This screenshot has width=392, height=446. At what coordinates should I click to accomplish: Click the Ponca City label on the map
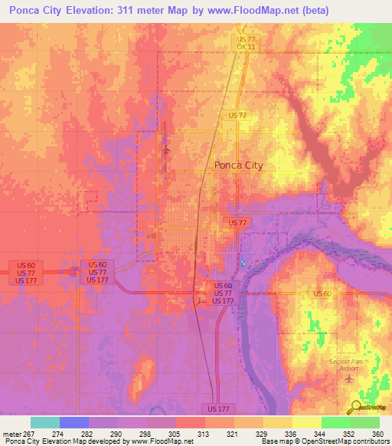pos(238,164)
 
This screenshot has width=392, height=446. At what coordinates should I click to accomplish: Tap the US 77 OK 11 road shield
pos(246,43)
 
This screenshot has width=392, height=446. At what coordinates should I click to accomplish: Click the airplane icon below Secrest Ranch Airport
pos(351,379)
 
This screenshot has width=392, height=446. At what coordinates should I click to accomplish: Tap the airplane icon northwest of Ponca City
pos(166,149)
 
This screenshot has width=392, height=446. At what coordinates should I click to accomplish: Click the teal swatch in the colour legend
pos(45,422)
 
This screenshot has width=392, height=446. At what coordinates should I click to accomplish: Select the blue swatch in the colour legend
pos(74,422)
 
